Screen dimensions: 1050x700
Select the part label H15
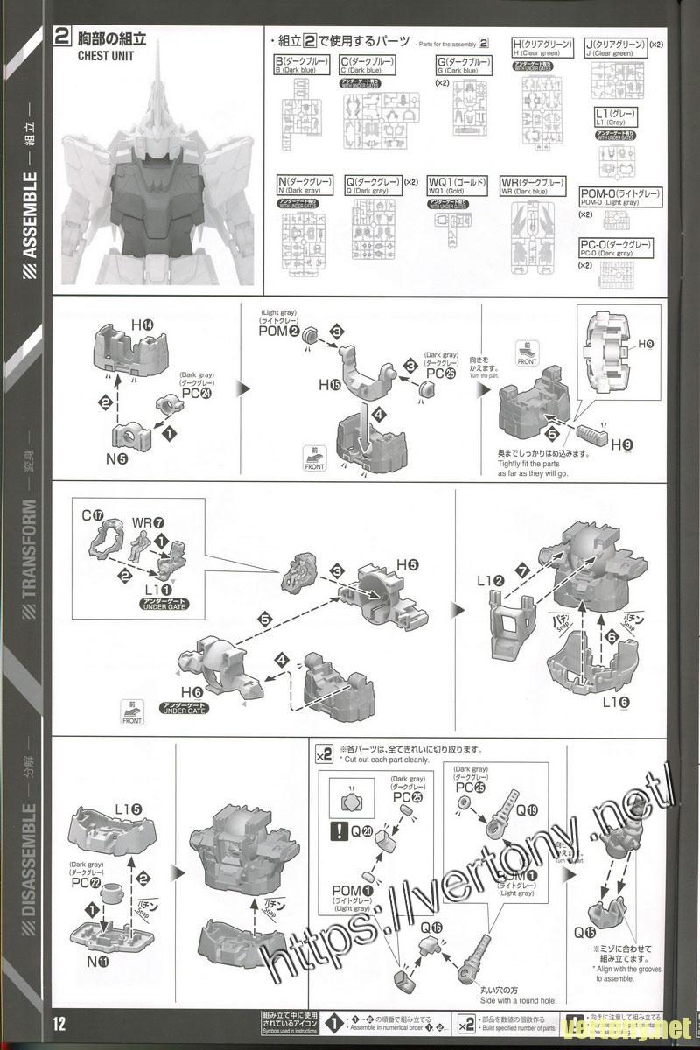[x=329, y=385]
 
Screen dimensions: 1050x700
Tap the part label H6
[x=192, y=691]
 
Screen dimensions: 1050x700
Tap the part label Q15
[x=585, y=932]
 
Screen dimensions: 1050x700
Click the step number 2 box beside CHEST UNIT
[x=62, y=38]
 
